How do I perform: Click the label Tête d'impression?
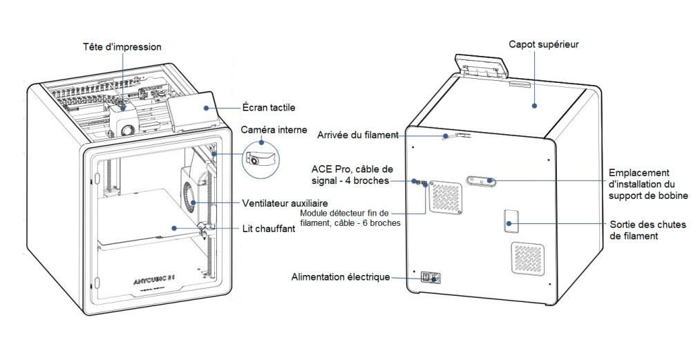(122, 47)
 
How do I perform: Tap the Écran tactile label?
(269, 107)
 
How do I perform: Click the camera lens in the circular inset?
(255, 160)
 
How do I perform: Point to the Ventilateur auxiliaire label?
(285, 204)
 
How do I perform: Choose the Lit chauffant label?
(269, 228)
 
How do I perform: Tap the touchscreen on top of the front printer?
(193, 110)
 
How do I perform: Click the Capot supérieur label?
(543, 44)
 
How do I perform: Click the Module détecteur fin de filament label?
(350, 218)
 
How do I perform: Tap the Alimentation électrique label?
(341, 277)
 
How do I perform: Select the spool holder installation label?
(647, 184)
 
